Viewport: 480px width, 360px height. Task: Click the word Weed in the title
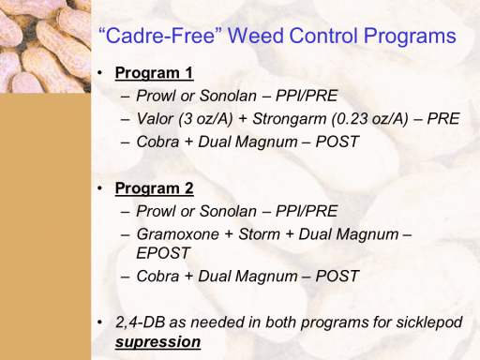click(255, 36)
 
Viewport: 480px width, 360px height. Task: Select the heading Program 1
click(154, 73)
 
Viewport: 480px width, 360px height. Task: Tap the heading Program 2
click(154, 188)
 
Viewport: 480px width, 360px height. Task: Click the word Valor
click(155, 119)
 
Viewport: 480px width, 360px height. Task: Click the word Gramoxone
click(178, 234)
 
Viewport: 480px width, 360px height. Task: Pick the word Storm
click(259, 234)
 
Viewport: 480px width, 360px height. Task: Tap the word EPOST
click(163, 253)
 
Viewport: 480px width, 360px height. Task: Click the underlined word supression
click(157, 342)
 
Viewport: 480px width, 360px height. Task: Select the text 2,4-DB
click(140, 322)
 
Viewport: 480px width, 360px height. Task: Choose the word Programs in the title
click(410, 37)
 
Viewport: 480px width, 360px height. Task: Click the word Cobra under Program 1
click(157, 142)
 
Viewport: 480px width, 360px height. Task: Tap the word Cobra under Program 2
click(157, 277)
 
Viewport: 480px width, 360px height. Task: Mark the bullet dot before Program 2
click(99, 188)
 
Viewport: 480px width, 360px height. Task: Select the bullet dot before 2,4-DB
click(99, 322)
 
